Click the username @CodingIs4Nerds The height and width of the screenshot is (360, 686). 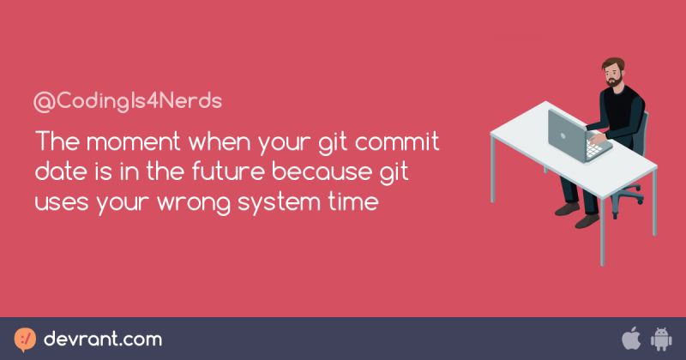(127, 100)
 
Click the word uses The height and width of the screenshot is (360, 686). (61, 204)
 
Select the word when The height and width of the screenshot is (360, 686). (222, 140)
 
